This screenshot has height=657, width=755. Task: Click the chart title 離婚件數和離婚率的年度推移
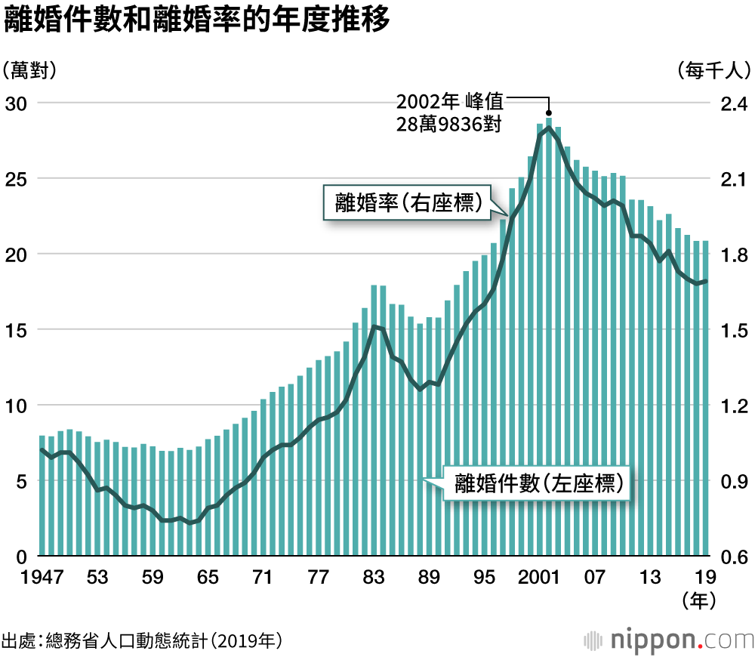[197, 21]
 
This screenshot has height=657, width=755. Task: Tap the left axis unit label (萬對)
[31, 71]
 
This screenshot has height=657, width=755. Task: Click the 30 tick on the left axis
[16, 103]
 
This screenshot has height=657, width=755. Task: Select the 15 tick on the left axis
[16, 331]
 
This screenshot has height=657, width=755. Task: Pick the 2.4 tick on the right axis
[729, 103]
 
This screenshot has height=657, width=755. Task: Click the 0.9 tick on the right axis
[729, 482]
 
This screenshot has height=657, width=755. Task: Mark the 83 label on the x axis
[373, 578]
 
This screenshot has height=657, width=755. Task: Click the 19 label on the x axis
[704, 578]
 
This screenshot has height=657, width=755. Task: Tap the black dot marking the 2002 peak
[549, 113]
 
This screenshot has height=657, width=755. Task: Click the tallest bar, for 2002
[549, 340]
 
